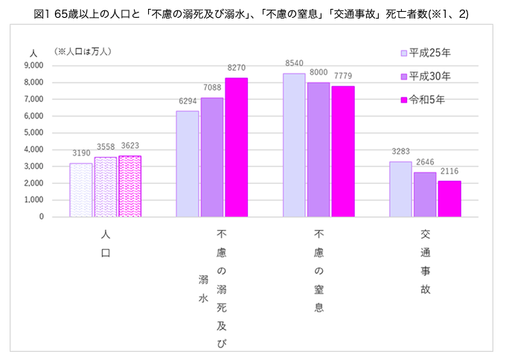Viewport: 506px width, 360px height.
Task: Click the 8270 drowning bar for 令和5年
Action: pos(236,147)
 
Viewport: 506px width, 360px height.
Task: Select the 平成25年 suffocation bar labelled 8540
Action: pos(294,145)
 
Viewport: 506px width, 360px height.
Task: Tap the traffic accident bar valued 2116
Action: pos(450,199)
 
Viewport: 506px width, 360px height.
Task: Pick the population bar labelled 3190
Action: pos(81,190)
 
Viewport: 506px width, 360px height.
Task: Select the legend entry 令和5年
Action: pos(423,100)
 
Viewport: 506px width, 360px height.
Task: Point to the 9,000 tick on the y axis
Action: pos(33,65)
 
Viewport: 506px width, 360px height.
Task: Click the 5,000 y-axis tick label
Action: pos(33,132)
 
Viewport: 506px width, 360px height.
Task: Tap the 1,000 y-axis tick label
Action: pos(33,200)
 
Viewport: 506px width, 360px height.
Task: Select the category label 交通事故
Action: pos(425,260)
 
